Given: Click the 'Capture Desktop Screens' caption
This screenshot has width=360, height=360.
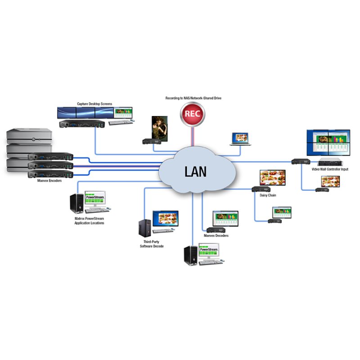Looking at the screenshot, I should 94,104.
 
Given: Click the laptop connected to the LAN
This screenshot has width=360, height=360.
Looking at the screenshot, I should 238,139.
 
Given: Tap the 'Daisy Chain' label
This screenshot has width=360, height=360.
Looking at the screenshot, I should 268,195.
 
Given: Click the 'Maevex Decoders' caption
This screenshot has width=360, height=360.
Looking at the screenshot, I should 216,236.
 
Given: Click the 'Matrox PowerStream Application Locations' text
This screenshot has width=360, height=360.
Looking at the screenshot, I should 89,220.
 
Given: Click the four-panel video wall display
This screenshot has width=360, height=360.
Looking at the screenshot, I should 328,143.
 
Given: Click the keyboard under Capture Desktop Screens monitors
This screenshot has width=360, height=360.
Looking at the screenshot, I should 120,122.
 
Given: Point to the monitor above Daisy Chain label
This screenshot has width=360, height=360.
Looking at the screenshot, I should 272,178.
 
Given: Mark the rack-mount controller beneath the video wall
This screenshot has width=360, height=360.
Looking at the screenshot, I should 332,162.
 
